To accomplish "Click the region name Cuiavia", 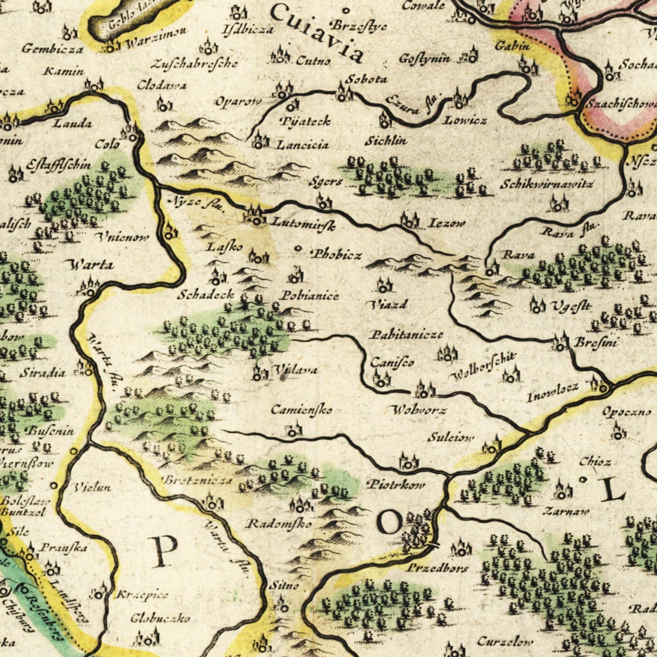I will (318, 32).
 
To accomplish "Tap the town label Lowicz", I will (465, 120).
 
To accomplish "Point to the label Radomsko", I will (279, 524).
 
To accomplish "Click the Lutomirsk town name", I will (303, 224).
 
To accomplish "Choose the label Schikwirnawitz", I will (547, 184).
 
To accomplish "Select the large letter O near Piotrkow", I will (390, 522).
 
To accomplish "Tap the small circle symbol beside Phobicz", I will (298, 248).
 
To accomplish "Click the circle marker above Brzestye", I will (346, 10).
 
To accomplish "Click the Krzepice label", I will (142, 595).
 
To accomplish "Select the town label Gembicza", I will (52, 49).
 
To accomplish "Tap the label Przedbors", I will (437, 568).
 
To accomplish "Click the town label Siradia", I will (42, 373).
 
